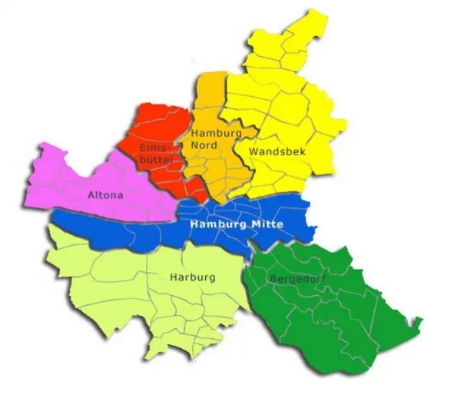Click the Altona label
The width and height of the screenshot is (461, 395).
[x=105, y=195]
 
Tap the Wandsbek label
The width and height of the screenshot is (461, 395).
[x=277, y=152]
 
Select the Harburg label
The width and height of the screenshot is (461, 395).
[x=192, y=277]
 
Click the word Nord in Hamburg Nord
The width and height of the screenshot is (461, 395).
[x=204, y=145]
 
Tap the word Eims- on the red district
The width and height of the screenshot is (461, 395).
[x=154, y=147]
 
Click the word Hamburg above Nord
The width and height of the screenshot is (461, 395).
[x=216, y=133]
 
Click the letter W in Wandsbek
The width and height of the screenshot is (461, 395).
[x=253, y=152]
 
